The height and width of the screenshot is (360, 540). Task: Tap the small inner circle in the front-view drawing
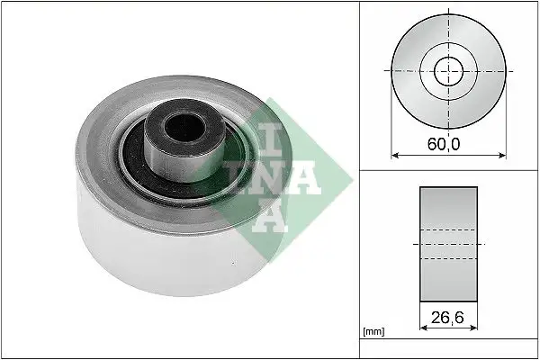pos(447,71)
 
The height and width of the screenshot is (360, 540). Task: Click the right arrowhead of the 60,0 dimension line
pos(501,154)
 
